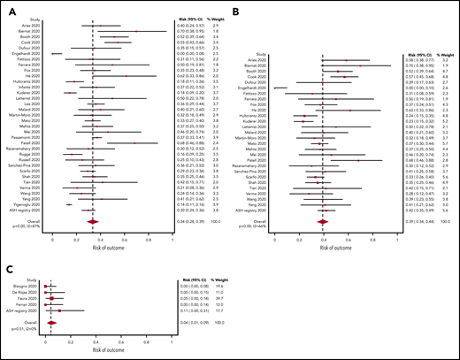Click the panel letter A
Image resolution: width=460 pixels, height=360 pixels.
click(9, 7)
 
